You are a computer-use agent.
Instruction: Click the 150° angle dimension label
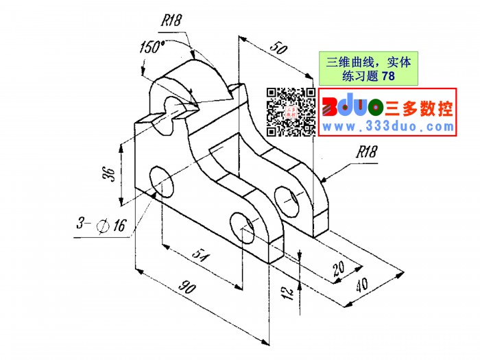pyautogui.click(x=152, y=47)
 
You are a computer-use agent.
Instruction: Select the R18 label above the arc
pyautogui.click(x=171, y=21)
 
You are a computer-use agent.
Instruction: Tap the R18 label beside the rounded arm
pyautogui.click(x=366, y=152)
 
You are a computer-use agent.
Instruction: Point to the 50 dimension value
pyautogui.click(x=278, y=48)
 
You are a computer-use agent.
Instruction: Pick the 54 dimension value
pyautogui.click(x=200, y=256)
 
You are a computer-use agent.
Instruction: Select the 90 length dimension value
pyautogui.click(x=187, y=287)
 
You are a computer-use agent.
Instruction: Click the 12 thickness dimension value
pyautogui.click(x=288, y=293)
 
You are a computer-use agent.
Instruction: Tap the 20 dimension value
pyautogui.click(x=339, y=268)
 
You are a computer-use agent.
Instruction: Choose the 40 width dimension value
pyautogui.click(x=361, y=285)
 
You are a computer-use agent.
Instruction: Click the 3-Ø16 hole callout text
pyautogui.click(x=101, y=225)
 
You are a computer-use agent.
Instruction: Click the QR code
pyautogui.click(x=291, y=112)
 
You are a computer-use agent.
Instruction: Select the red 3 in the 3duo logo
pyautogui.click(x=330, y=107)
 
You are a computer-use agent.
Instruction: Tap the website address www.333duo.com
pyautogui.click(x=388, y=126)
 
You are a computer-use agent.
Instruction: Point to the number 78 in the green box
pyautogui.click(x=389, y=75)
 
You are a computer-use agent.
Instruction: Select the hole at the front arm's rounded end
pyautogui.click(x=242, y=228)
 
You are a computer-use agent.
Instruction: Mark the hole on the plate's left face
pyautogui.click(x=162, y=182)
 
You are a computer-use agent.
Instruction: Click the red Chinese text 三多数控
pyautogui.click(x=419, y=108)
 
